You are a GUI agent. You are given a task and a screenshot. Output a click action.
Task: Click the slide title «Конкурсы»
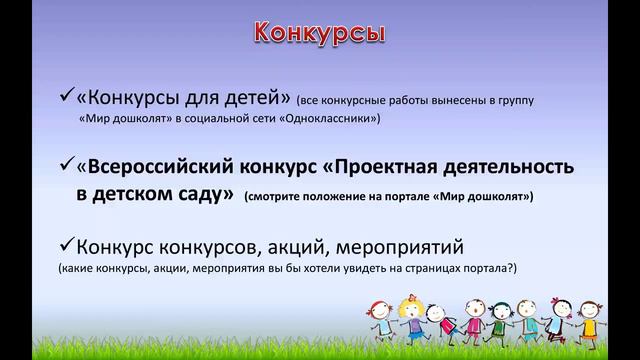[317, 31]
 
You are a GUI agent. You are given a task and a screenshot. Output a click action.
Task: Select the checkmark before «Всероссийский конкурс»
[68, 163]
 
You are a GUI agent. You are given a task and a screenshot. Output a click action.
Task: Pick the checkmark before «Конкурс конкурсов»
[68, 245]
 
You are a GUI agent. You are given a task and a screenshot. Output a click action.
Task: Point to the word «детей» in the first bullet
[258, 99]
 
